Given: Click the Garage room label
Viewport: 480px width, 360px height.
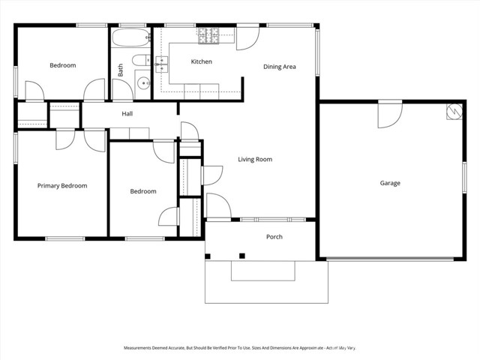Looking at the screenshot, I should [x=389, y=183].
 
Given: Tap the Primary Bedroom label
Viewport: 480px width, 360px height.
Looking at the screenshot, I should [x=62, y=186].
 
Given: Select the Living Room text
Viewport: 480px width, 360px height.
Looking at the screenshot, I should [x=255, y=159].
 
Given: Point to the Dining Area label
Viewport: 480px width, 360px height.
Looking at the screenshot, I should [x=279, y=67].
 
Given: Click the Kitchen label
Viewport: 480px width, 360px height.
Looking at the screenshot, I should [x=201, y=61].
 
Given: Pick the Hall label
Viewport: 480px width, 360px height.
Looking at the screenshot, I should [x=127, y=114].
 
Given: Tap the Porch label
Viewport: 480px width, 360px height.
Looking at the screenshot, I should [x=274, y=237].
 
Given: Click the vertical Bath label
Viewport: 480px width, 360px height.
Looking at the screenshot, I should [x=120, y=70].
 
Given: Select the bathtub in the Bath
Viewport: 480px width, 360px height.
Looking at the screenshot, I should [x=130, y=39].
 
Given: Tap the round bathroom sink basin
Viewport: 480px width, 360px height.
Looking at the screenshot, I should [x=143, y=82].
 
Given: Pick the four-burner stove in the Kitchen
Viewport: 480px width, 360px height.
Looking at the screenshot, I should [x=208, y=34].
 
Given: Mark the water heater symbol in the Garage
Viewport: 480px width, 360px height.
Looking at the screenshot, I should [x=452, y=111].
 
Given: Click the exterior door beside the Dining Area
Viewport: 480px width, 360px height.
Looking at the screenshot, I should [x=248, y=37].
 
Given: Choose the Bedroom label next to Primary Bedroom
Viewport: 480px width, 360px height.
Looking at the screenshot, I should [x=143, y=191].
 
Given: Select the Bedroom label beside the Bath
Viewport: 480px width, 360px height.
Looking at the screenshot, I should [x=62, y=65].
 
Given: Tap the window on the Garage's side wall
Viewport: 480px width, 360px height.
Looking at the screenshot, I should [x=464, y=184].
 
